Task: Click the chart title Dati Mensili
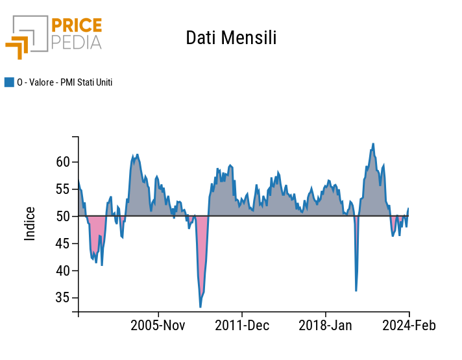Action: pos(231,38)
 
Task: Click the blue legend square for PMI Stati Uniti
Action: pos(9,82)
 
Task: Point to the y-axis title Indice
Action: pos(30,224)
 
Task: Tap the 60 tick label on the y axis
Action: pos(62,162)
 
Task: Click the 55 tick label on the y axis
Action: pos(62,189)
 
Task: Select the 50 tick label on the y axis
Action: pos(62,217)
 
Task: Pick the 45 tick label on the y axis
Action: pos(62,244)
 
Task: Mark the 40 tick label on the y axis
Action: pos(62,271)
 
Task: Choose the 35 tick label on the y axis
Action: pos(62,298)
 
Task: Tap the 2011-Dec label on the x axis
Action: pos(242,325)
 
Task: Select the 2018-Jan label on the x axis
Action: pos(325,325)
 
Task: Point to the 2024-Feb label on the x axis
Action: pos(408,325)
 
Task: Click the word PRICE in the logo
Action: pos(77,26)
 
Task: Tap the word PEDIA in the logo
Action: pos(77,43)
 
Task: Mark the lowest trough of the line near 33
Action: pos(201,307)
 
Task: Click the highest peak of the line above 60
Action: pos(373,144)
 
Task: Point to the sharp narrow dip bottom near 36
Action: pos(356,290)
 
